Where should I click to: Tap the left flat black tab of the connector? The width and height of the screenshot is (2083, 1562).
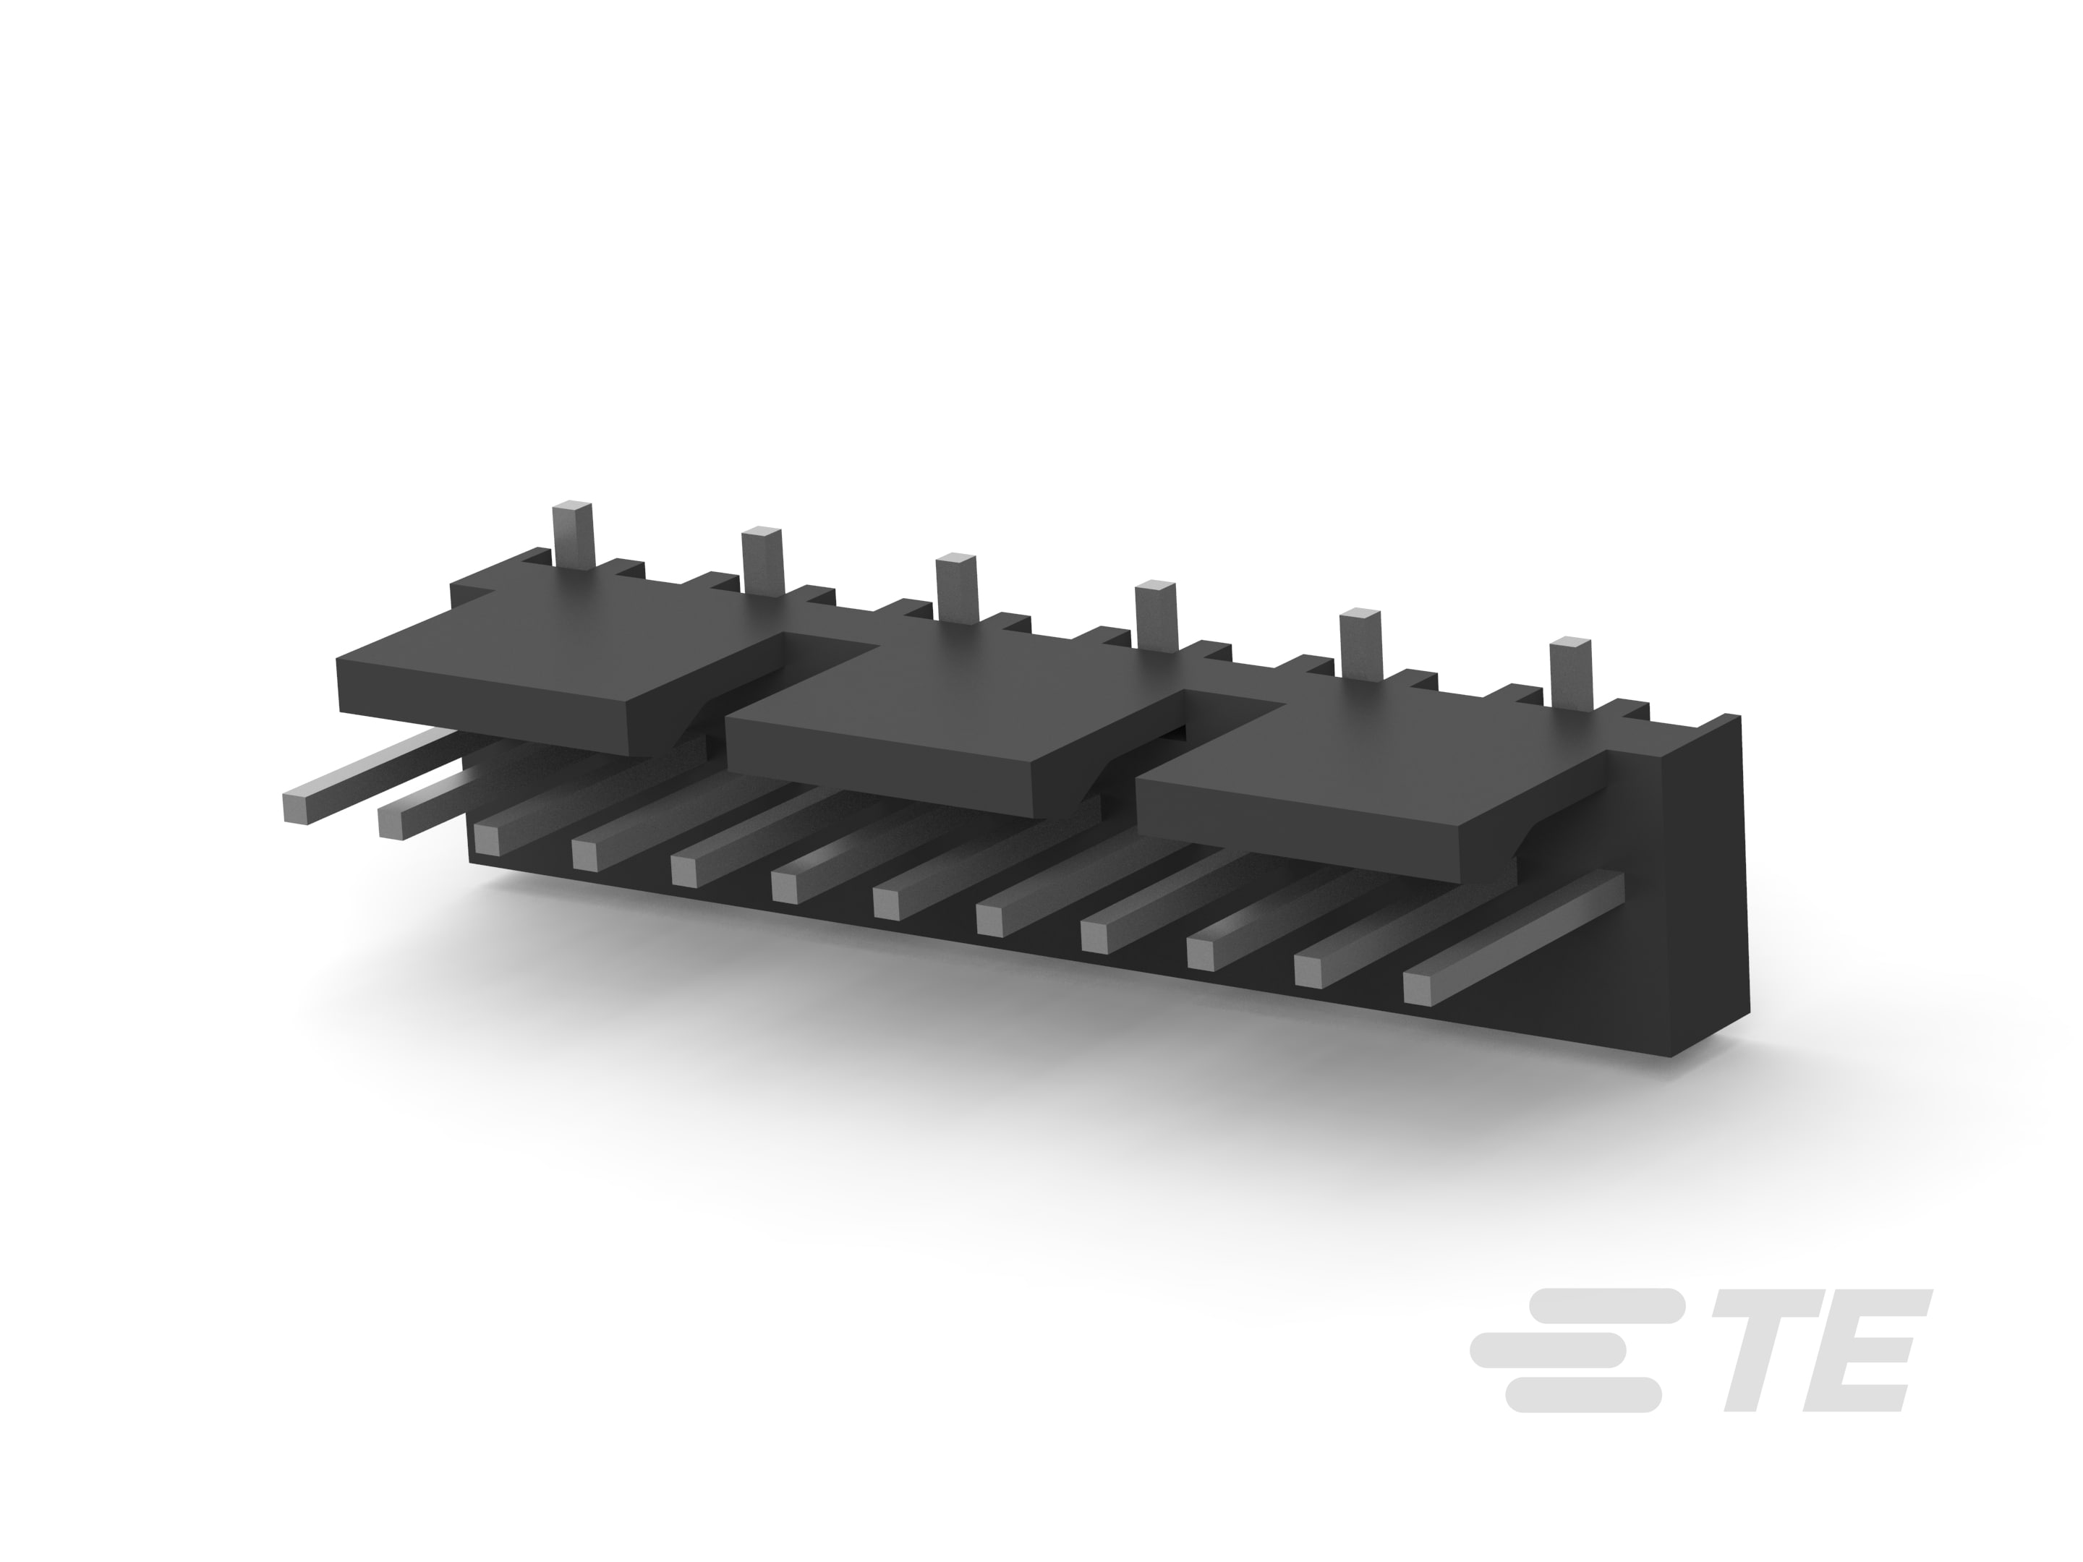(x=565, y=687)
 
